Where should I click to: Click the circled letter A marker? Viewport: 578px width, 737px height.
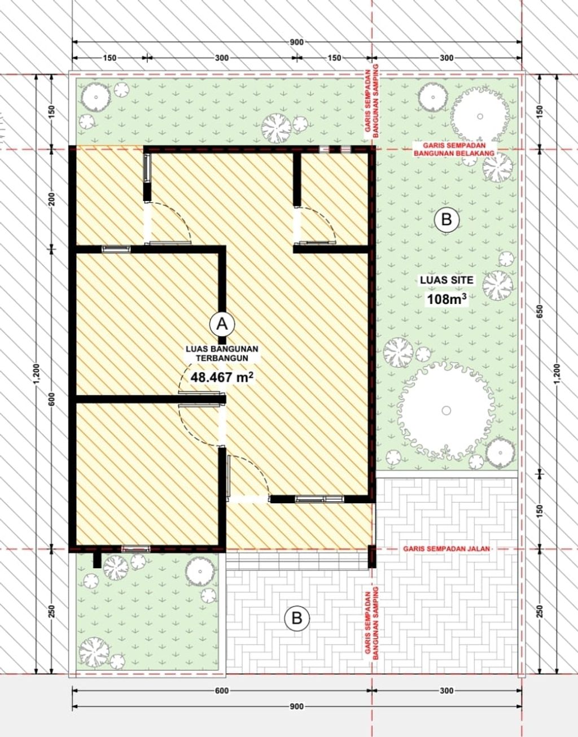(x=222, y=324)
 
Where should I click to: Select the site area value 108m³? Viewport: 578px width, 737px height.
(x=447, y=299)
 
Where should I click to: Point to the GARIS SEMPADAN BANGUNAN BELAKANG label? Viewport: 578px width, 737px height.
(x=454, y=149)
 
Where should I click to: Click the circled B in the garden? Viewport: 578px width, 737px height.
(x=446, y=219)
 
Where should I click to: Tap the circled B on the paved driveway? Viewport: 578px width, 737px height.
(x=297, y=618)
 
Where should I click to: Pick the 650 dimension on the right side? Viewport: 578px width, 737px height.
(x=540, y=311)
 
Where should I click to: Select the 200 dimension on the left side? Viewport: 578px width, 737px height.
(x=51, y=198)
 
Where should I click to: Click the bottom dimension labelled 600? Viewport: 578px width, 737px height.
(x=222, y=691)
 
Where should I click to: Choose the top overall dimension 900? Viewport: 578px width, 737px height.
(x=296, y=42)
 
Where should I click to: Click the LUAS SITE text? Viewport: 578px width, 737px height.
(x=446, y=280)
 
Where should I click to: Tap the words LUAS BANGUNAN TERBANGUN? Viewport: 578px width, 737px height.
(x=222, y=353)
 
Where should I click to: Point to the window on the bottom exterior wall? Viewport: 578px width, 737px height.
(x=136, y=548)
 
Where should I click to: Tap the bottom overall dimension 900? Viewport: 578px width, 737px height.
(x=296, y=707)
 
